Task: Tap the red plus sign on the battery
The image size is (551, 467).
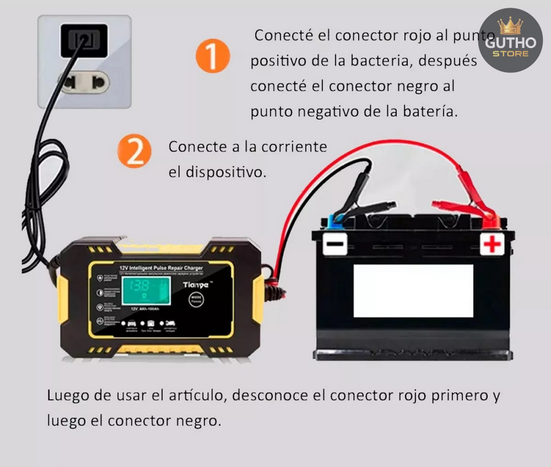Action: click(x=491, y=242)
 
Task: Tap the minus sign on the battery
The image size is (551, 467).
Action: click(x=335, y=245)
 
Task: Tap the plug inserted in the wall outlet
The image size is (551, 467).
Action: click(x=84, y=40)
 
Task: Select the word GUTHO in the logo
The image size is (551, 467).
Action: click(x=510, y=43)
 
